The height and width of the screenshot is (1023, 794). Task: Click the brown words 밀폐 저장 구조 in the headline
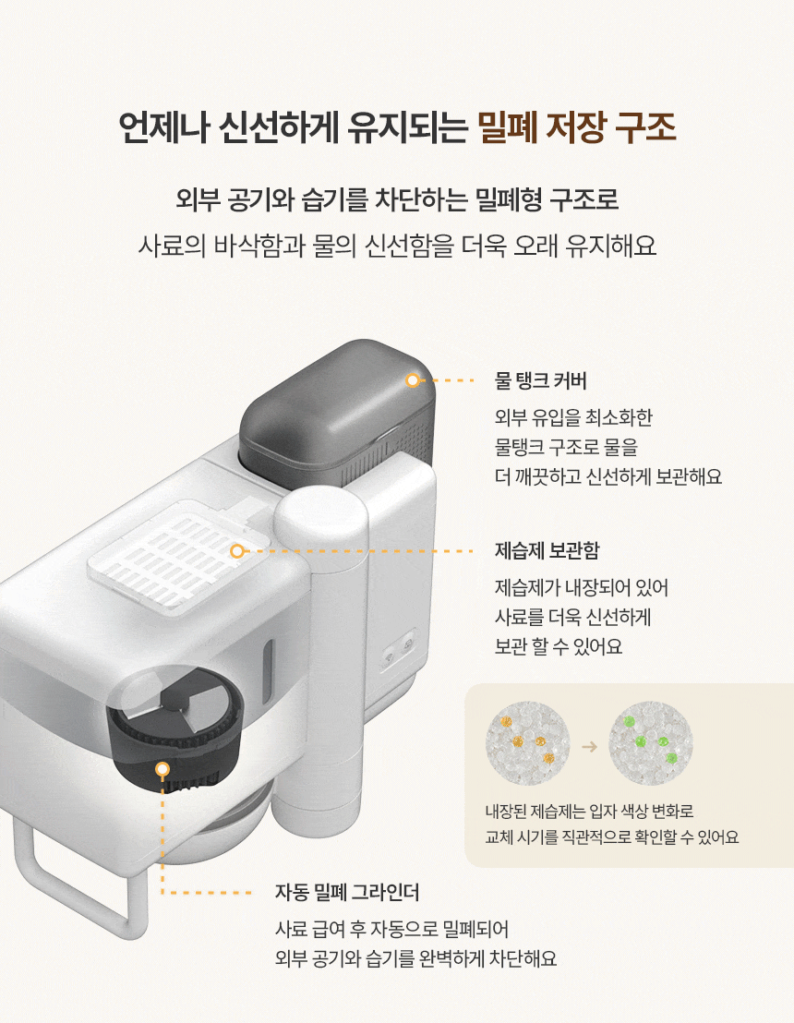click(577, 127)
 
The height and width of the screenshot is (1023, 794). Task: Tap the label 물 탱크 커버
click(541, 380)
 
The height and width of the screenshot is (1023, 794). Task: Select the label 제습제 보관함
click(547, 550)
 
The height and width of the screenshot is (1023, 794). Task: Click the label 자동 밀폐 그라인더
click(347, 892)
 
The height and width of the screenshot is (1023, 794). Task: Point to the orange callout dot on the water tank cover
click(413, 380)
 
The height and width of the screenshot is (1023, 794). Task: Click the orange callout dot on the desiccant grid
click(237, 551)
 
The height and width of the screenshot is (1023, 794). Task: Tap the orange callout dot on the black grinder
click(162, 770)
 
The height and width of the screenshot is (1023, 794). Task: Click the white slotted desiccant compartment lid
click(179, 555)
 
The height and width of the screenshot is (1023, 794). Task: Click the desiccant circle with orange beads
click(528, 743)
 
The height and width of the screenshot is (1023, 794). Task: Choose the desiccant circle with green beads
click(651, 743)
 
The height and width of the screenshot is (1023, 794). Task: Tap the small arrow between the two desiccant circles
click(589, 746)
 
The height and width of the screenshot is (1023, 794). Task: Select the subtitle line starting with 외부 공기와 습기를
click(397, 199)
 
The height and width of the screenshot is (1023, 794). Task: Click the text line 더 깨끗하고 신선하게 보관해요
click(608, 477)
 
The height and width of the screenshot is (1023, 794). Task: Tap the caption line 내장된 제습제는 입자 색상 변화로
click(589, 812)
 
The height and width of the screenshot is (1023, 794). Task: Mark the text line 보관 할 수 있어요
click(559, 646)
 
